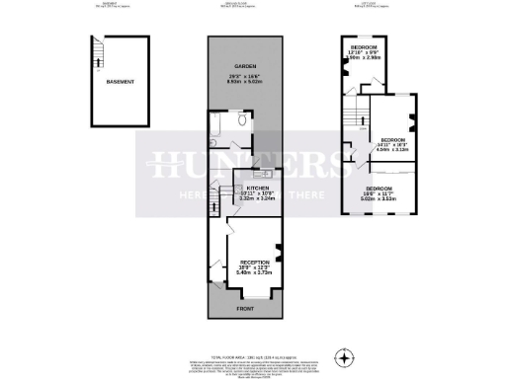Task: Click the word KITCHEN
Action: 246,185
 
